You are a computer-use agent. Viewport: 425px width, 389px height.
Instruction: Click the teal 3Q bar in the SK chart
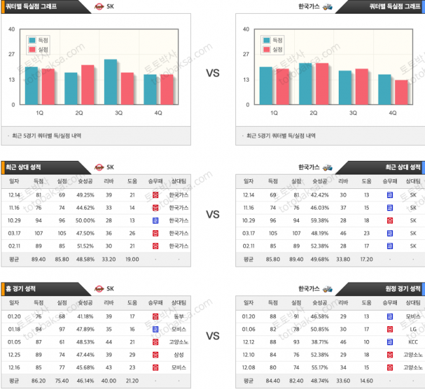pyautogui.click(x=110, y=82)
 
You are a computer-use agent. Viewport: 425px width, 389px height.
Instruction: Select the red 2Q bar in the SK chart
pyautogui.click(x=88, y=85)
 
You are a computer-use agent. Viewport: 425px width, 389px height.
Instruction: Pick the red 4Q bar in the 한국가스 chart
pyautogui.click(x=401, y=92)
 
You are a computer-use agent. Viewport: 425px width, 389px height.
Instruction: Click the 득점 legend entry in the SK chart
pyautogui.click(x=39, y=41)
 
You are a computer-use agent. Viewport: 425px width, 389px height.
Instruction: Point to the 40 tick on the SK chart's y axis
pyautogui.click(x=12, y=29)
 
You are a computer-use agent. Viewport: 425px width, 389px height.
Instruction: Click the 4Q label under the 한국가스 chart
pyautogui.click(x=393, y=112)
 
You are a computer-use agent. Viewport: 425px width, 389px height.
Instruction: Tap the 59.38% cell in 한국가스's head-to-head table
pyautogui.click(x=319, y=220)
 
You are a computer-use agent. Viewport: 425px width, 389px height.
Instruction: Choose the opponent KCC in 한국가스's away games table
pyautogui.click(x=412, y=341)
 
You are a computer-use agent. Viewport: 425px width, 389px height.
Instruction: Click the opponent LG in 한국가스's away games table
pyautogui.click(x=412, y=330)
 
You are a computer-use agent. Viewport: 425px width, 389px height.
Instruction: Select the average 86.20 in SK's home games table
pyautogui.click(x=39, y=380)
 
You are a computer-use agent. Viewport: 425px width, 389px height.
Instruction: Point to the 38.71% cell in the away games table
pyautogui.click(x=319, y=341)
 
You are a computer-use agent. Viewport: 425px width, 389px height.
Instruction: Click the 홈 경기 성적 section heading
pyautogui.click(x=26, y=288)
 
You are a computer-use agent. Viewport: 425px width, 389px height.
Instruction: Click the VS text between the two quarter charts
pyautogui.click(x=212, y=73)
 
